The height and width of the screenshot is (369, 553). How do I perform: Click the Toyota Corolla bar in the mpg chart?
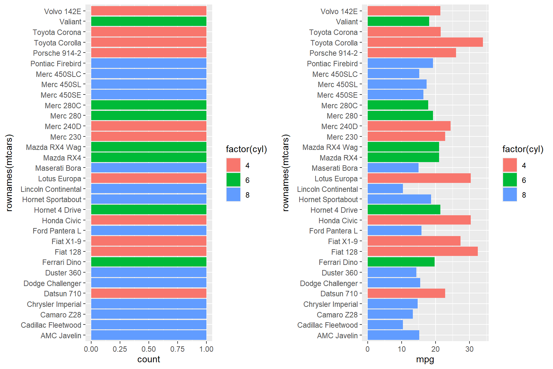425,43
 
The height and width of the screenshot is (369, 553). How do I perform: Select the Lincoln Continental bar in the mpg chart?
385,189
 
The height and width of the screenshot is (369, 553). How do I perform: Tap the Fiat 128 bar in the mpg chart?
422,252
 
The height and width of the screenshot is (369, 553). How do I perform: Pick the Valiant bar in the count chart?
148,21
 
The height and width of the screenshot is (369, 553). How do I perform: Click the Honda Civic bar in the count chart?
148,220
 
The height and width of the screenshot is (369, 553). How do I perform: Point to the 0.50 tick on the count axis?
149,349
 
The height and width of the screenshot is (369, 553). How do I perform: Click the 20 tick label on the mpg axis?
435,349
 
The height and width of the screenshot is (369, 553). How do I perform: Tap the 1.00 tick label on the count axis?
206,349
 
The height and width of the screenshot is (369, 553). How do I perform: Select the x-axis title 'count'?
148,359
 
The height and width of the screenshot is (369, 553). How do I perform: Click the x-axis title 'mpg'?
425,359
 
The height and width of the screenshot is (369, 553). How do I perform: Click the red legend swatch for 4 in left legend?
233,165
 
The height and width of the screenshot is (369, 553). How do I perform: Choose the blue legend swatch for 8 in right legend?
510,195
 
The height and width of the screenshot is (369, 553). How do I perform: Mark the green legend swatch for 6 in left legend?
233,180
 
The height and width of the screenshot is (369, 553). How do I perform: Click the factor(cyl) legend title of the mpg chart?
523,149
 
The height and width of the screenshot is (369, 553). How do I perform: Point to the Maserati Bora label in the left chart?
58,168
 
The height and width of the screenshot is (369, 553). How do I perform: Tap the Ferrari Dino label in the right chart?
338,262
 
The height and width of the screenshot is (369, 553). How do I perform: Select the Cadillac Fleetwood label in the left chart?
51,325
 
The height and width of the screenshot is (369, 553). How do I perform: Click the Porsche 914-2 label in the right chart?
333,53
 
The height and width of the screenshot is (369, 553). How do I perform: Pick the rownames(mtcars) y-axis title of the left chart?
9,173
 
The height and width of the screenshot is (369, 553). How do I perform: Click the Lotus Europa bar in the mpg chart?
419,178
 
